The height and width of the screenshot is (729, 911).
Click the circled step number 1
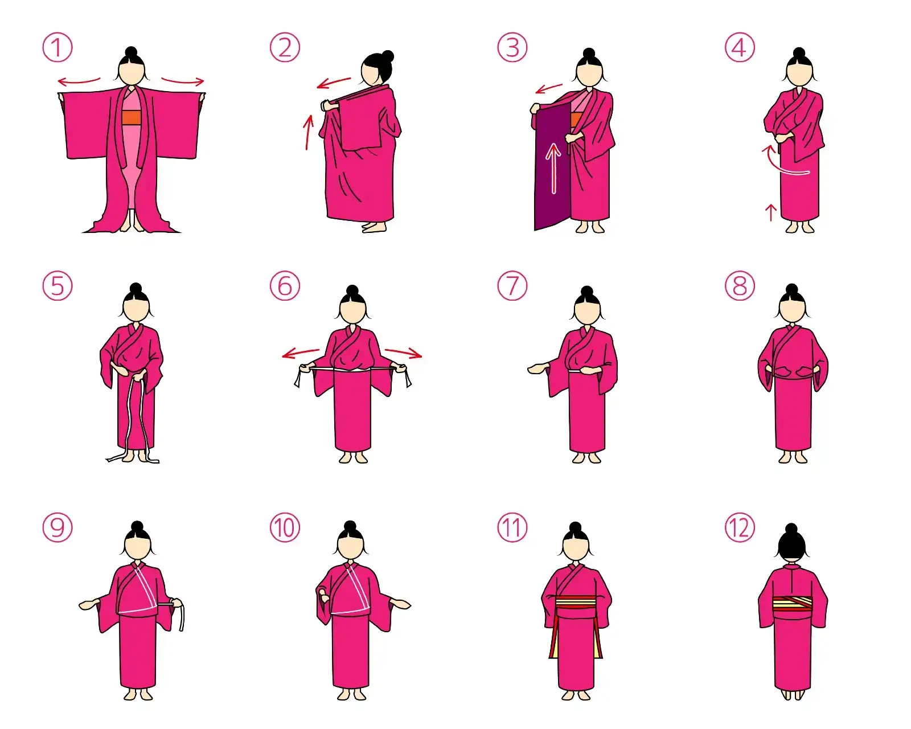[x=58, y=47]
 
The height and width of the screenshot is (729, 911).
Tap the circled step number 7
[x=512, y=285]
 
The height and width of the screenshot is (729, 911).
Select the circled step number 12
[x=740, y=528]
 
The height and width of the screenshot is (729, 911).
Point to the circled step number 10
[x=285, y=528]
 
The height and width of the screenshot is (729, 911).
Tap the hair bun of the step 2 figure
[x=387, y=56]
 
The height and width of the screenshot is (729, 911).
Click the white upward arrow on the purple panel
[x=553, y=169]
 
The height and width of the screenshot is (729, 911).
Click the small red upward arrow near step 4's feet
[x=771, y=212]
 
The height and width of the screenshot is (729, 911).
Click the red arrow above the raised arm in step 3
[x=549, y=88]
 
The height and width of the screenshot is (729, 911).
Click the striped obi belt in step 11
[x=577, y=607]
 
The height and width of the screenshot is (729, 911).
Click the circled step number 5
[x=58, y=285]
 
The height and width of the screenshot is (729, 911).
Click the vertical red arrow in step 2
[x=309, y=132]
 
